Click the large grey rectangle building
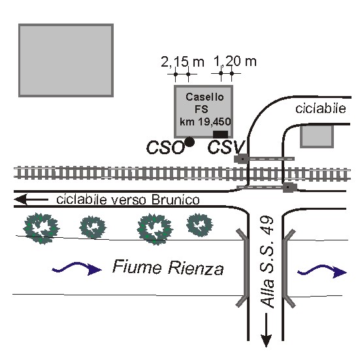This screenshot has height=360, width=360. tap(66, 60)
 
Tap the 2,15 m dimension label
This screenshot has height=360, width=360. tap(182, 62)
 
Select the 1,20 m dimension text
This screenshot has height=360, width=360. tap(235, 61)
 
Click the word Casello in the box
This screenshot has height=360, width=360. tap(205, 97)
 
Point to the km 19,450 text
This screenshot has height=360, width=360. tap(205, 122)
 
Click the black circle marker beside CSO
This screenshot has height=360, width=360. tap(189, 142)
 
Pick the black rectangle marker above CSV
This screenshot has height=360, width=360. tap(220, 134)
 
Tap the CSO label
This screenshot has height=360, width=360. tap(165, 148)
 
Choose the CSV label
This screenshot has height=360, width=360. tap(226, 147)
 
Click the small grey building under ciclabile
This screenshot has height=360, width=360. tap(317, 136)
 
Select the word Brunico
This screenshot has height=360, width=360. tap(176, 200)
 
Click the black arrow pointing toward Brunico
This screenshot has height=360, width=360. tap(31, 199)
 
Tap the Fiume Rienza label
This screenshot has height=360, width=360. tap(168, 267)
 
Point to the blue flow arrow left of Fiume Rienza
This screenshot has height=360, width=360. tap(77, 268)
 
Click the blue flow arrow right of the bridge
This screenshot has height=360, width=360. tap(322, 271)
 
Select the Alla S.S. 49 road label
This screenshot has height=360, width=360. tap(267, 262)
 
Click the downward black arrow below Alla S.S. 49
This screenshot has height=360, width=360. tap(266, 330)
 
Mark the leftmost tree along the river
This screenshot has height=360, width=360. tap(41, 228)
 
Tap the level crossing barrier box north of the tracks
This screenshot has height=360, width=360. tap(241, 159)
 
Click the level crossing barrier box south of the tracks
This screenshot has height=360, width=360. tap(289, 188)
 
